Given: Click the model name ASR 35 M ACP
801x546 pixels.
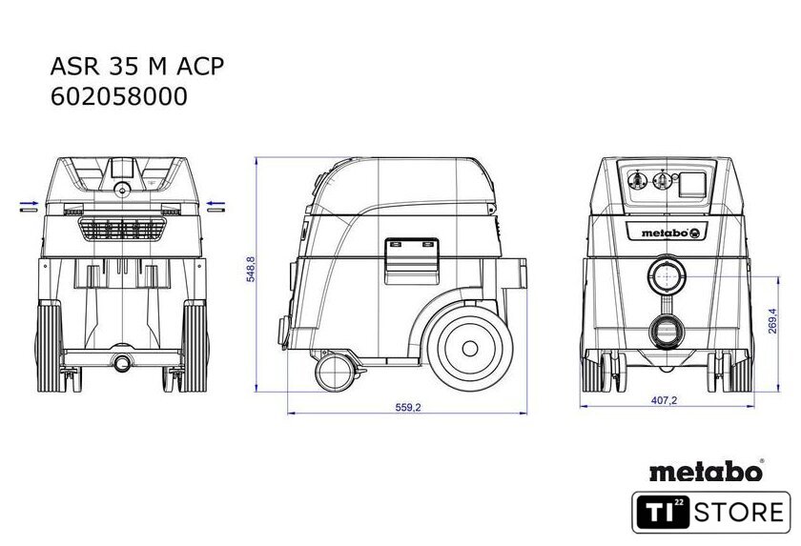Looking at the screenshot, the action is click(137, 67).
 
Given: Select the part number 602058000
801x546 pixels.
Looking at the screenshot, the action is click(119, 96).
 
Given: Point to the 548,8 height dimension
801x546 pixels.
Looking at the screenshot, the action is click(251, 269).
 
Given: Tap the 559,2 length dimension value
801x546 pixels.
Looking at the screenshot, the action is click(408, 407).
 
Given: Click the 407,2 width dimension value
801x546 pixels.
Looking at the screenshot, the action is click(664, 400).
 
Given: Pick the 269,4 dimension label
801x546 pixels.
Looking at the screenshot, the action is click(771, 321).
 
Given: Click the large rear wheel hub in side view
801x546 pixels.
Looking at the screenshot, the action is click(470, 349).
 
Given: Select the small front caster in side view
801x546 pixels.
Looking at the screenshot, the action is click(335, 372).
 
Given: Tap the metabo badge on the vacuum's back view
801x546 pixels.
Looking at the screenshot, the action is click(667, 233).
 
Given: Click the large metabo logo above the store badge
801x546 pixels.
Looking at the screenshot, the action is click(707, 471).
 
